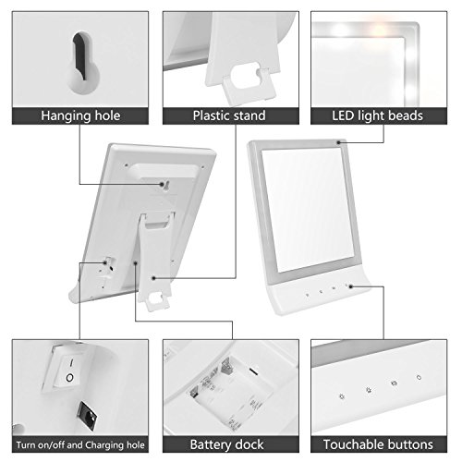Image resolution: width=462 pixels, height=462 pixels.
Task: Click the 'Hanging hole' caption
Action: [x=80, y=115]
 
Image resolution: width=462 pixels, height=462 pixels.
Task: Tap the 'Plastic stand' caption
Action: [x=229, y=115]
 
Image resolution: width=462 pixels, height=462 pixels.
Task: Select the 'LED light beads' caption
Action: [x=377, y=115]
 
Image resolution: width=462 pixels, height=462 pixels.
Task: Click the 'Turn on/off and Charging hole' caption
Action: [x=80, y=444]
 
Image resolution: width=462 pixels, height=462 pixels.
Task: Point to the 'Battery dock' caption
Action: [x=226, y=444]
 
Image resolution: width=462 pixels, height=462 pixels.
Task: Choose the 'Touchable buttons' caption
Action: [x=378, y=444]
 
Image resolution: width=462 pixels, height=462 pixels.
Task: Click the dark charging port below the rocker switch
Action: [x=87, y=416]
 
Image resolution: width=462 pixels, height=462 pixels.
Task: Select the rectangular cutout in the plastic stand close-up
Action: [x=246, y=76]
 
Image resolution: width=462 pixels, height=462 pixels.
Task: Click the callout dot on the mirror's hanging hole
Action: [x=162, y=184]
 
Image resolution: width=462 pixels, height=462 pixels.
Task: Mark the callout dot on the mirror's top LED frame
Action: [x=338, y=142]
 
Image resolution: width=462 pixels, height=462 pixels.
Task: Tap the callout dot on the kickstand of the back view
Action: [x=153, y=278]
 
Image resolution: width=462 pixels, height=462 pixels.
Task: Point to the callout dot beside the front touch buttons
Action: [x=350, y=286]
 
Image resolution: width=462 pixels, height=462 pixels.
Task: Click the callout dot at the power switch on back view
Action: [x=105, y=262]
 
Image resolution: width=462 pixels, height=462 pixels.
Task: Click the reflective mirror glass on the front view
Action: [x=308, y=210]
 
